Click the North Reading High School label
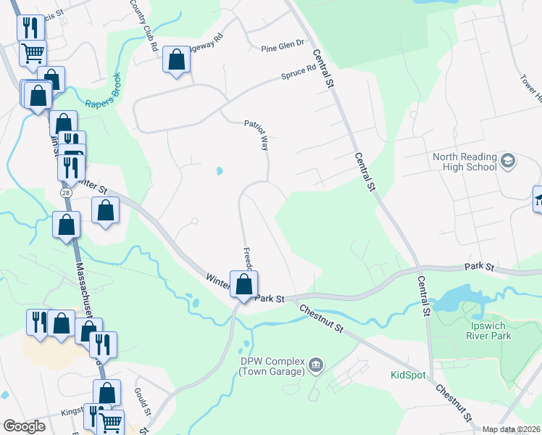464,162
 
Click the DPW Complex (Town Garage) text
270,367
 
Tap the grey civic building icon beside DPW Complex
315,364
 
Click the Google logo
24,426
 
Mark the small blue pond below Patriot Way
219,171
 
